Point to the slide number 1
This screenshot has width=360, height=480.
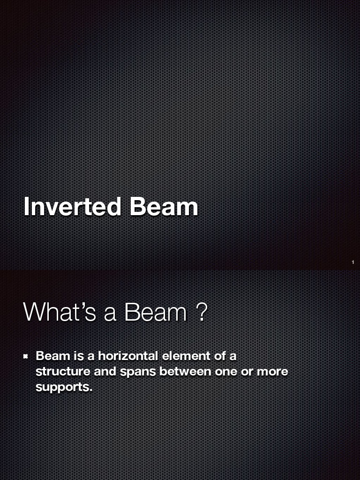(x=352, y=262)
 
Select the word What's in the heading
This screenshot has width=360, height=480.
(x=60, y=312)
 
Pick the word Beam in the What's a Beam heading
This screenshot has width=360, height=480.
(x=156, y=312)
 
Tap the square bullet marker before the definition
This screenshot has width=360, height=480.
(x=27, y=357)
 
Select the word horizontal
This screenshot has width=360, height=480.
(x=128, y=356)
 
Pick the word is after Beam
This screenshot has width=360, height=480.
(x=78, y=356)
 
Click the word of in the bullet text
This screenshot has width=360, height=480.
(x=220, y=356)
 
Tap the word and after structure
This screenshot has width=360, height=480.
(x=105, y=372)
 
